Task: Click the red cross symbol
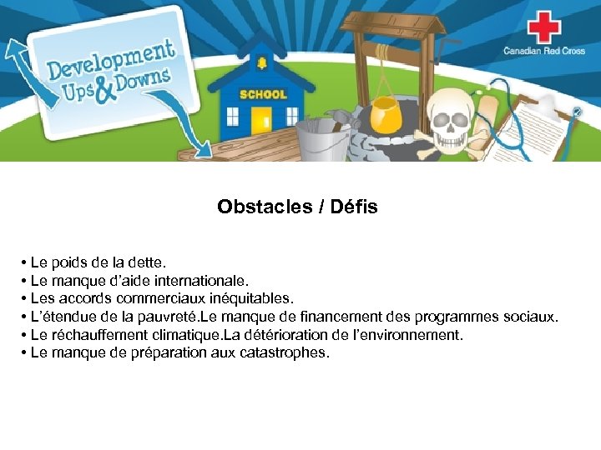(543, 28)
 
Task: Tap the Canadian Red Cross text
(543, 52)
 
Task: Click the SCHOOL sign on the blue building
(262, 94)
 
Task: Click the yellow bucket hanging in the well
(385, 107)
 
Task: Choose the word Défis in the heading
(354, 207)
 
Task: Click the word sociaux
(531, 317)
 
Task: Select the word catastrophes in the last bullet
(284, 352)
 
